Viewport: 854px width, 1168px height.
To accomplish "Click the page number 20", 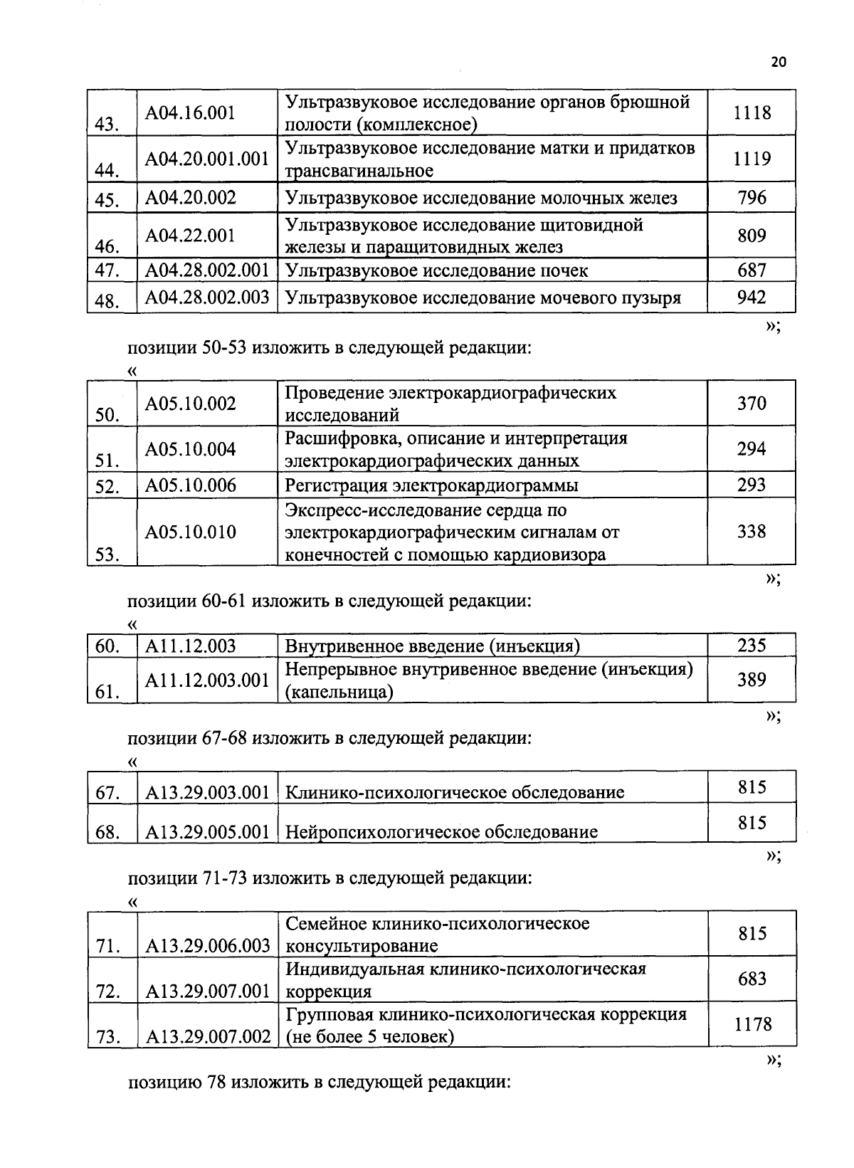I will point(778,63).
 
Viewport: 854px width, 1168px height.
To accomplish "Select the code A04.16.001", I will point(190,113).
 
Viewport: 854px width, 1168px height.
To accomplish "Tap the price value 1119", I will point(752,159).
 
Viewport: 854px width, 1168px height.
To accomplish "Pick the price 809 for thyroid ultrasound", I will point(752,236).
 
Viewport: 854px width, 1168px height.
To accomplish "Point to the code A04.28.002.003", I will point(207,298).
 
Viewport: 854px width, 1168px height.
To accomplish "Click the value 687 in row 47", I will point(752,270).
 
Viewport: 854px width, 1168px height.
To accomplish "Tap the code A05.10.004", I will point(190,449).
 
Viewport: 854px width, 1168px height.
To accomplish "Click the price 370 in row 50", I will point(752,404).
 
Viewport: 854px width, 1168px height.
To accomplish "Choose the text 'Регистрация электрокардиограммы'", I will point(431,485).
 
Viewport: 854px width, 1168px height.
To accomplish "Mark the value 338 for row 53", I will point(752,532).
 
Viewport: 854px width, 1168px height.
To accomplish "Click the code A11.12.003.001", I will point(207,680).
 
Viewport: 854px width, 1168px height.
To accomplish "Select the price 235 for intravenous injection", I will point(752,646).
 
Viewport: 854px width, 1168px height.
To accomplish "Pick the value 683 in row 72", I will point(752,979).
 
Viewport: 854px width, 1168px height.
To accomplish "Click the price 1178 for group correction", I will point(752,1024).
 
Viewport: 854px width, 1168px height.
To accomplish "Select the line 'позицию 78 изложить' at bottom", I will point(319,1083).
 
